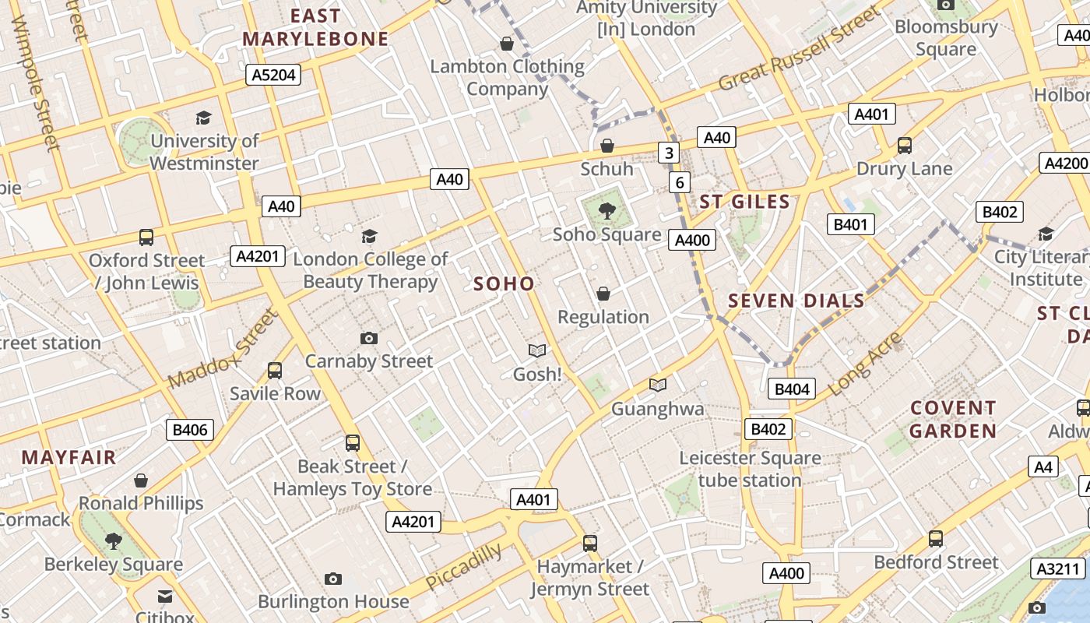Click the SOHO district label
point(504,284)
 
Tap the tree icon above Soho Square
point(607,210)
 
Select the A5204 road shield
point(272,75)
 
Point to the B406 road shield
point(190,429)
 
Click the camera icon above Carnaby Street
point(369,338)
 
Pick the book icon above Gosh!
point(537,351)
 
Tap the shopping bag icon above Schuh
point(607,146)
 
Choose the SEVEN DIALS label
point(796,301)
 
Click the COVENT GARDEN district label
point(953,419)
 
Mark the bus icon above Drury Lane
point(905,146)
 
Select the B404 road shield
point(791,389)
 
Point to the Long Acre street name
point(865,364)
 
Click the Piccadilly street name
point(463,567)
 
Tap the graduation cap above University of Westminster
point(204,118)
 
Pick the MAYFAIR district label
point(69,457)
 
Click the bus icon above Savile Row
point(275,371)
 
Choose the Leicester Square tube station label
point(750,469)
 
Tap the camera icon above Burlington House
point(333,579)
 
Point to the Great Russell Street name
point(800,48)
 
